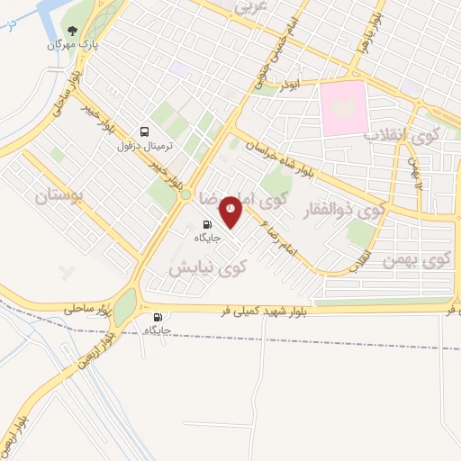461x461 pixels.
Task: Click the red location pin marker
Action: (x=231, y=211)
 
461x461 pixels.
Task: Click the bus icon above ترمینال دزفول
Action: (x=146, y=131)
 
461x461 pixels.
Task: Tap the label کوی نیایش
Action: (x=207, y=267)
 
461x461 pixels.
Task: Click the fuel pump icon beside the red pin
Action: (x=207, y=224)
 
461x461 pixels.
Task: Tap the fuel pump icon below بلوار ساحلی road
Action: (x=158, y=316)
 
